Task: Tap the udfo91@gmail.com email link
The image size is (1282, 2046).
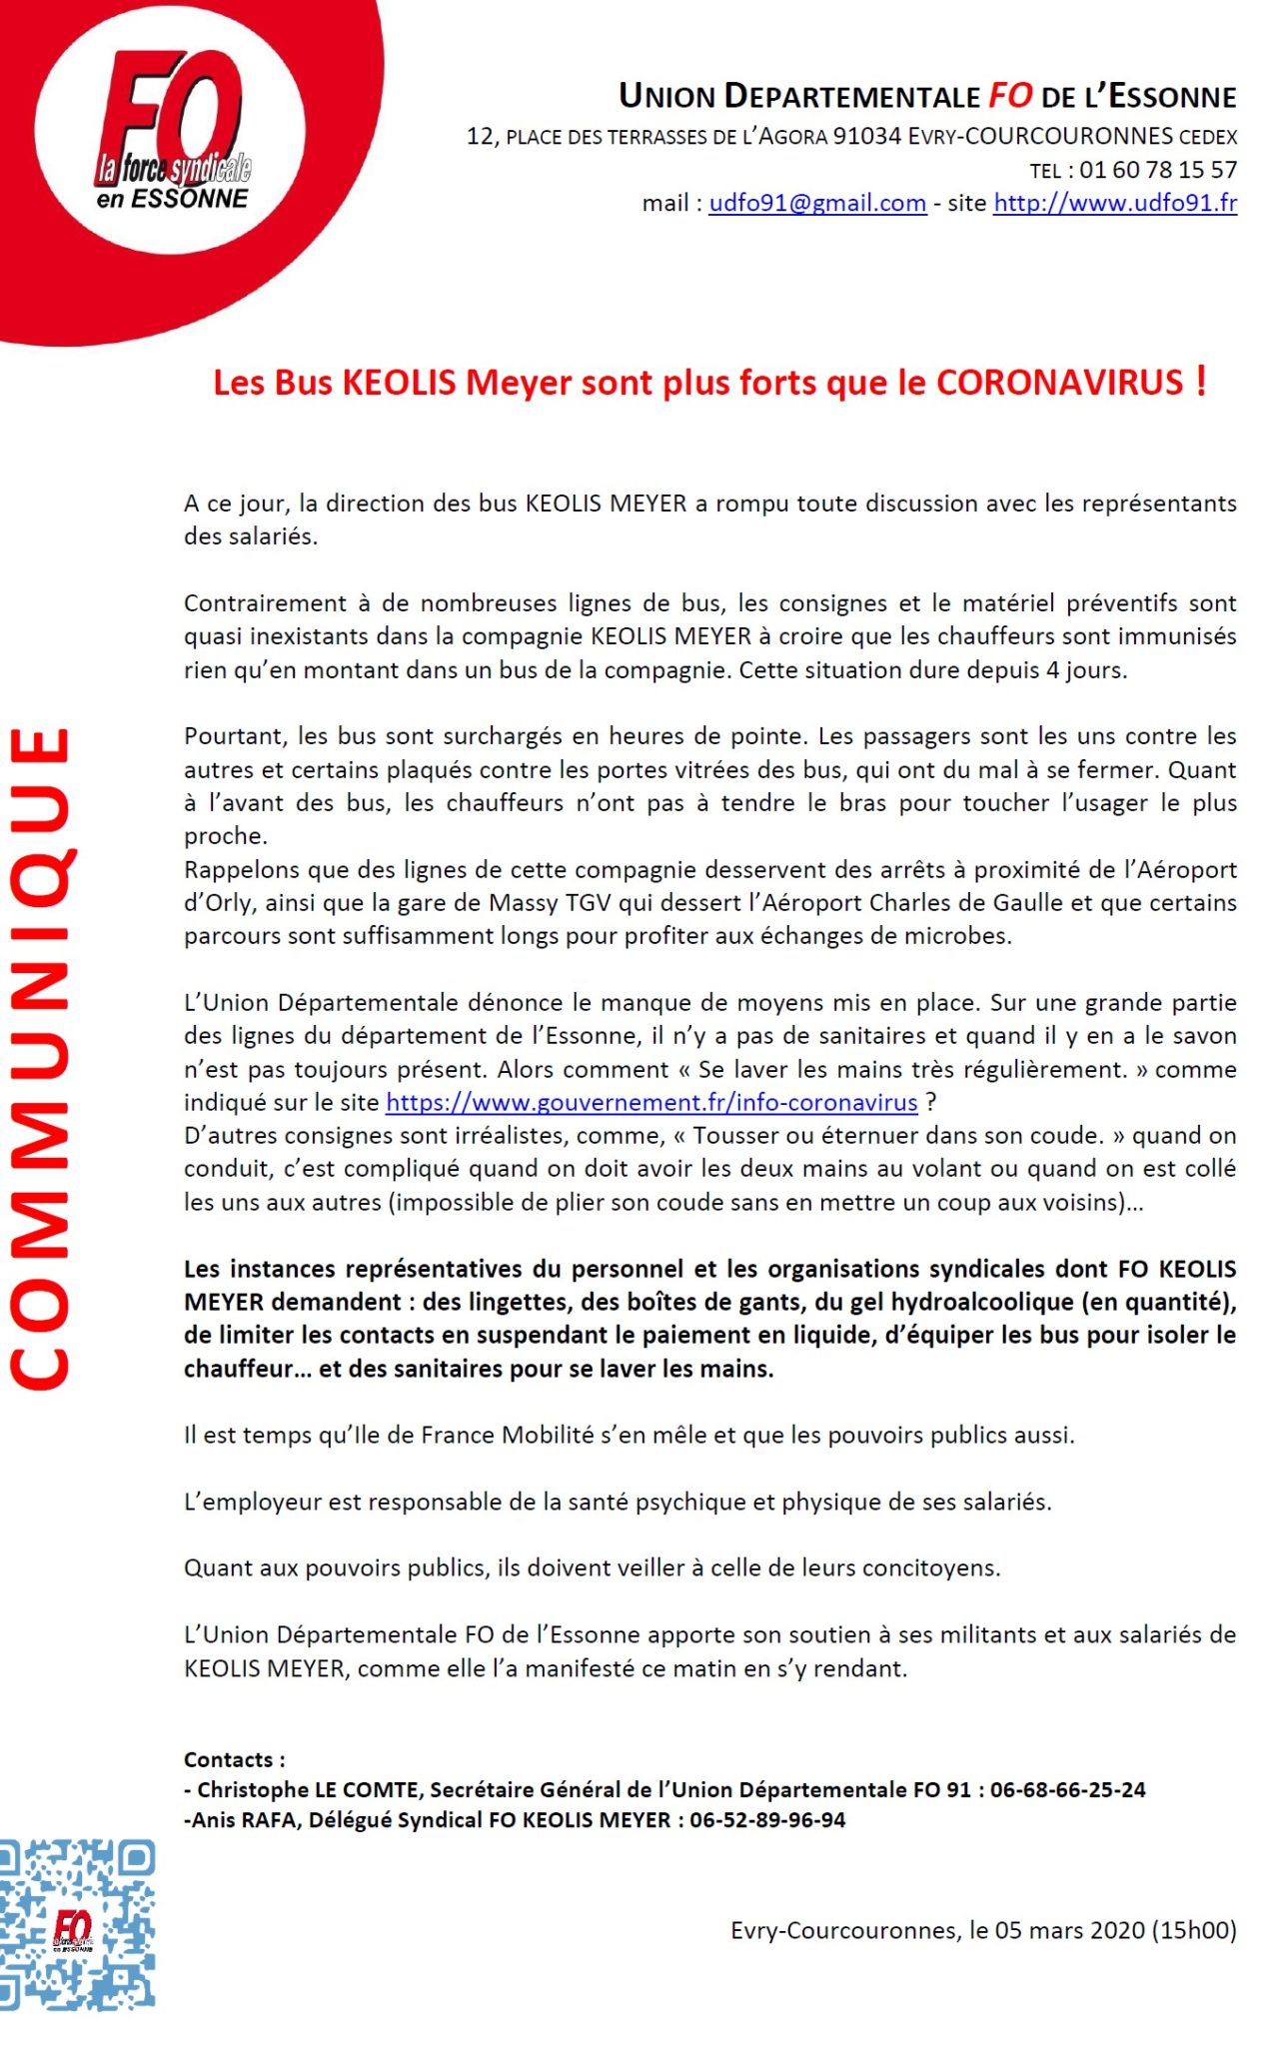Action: [817, 203]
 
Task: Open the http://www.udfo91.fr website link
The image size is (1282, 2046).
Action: [1114, 203]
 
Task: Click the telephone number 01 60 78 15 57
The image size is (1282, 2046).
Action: [1158, 170]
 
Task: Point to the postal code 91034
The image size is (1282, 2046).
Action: [866, 136]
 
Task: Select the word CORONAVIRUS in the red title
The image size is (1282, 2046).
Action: [1059, 383]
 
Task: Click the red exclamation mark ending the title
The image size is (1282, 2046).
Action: [1200, 381]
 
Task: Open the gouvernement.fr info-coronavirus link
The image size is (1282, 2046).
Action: [651, 1102]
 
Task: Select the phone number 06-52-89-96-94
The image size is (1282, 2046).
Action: [767, 1819]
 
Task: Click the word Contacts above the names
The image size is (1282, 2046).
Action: [229, 1759]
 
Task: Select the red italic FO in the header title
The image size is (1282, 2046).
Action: [1010, 96]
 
